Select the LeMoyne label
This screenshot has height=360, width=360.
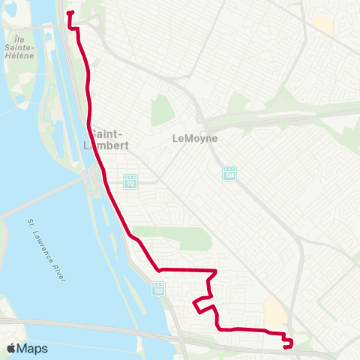point(194,138)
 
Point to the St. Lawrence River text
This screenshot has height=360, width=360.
point(46,251)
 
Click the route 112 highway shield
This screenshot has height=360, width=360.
point(130,182)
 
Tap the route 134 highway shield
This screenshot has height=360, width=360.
point(229,173)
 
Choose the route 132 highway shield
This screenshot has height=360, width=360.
point(157,289)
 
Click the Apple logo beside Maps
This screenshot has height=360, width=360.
point(11,348)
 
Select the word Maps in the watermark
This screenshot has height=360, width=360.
point(32,348)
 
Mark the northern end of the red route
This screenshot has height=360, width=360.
point(69,13)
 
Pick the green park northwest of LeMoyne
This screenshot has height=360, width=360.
point(162,111)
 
